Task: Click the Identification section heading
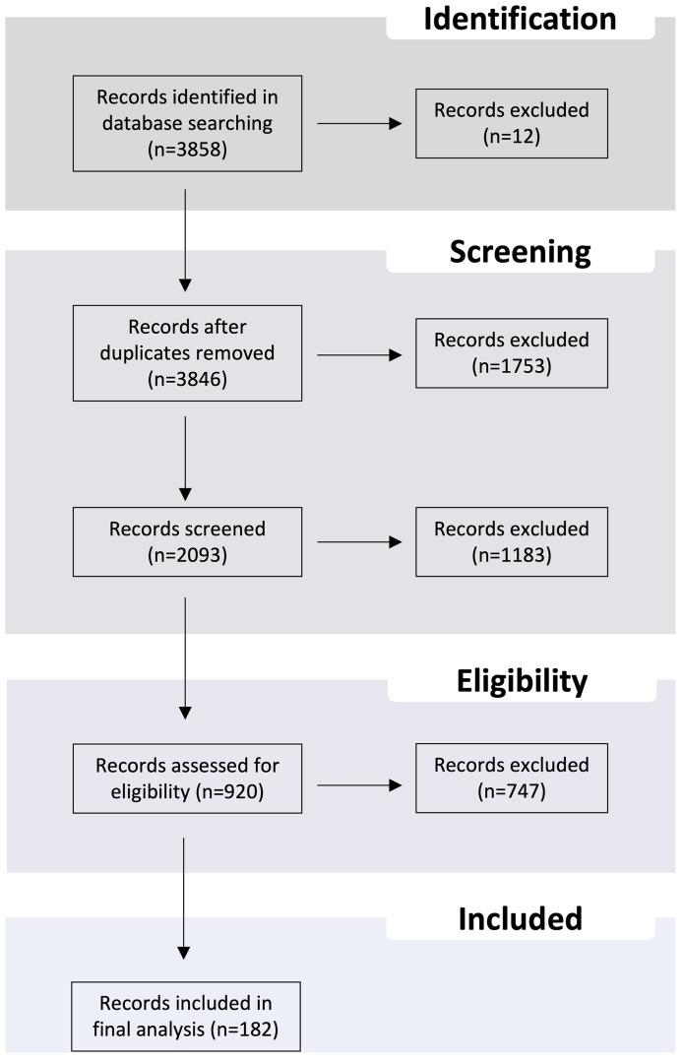[x=520, y=19]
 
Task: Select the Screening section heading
[x=520, y=251]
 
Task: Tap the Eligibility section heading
[x=522, y=680]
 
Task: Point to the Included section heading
[x=520, y=918]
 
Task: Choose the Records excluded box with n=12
[x=496, y=123]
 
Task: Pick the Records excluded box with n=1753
[x=496, y=353]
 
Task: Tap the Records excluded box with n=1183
[x=496, y=541]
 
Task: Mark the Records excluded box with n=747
[x=496, y=778]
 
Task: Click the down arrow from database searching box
[x=185, y=240]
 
